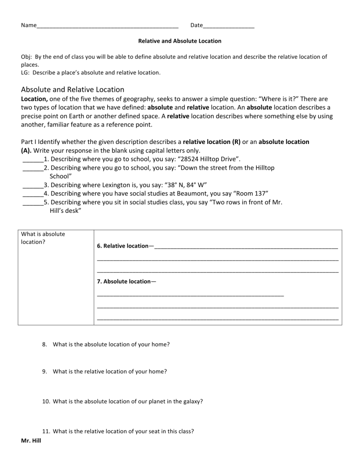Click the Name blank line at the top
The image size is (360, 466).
click(108, 26)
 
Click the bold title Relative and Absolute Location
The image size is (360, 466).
click(180, 41)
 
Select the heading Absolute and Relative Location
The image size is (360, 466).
click(73, 89)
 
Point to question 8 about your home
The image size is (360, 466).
click(111, 344)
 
